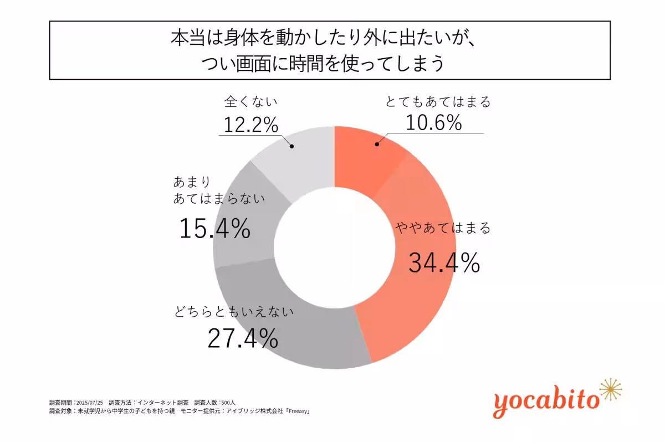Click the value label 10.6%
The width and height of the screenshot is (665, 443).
coord(433,123)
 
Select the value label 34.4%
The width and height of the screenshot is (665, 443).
coord(444,262)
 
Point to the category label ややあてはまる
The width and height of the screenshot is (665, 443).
coord(443,228)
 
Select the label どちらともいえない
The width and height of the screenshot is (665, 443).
coord(233,311)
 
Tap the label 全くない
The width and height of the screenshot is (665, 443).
coord(250,102)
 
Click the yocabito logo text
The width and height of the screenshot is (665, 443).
coord(546,400)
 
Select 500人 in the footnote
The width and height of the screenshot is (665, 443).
coord(229,402)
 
